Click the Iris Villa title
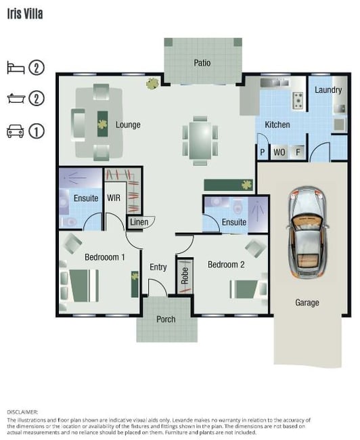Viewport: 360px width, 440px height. point(25,14)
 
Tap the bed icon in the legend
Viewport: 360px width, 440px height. point(16,68)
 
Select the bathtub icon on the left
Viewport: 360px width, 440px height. point(16,98)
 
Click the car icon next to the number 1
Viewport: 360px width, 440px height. point(15,131)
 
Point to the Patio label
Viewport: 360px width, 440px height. point(202,62)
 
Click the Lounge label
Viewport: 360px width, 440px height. point(128,125)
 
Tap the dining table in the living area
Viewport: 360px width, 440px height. point(200,140)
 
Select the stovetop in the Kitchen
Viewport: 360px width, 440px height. point(298,100)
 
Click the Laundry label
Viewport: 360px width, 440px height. point(328,90)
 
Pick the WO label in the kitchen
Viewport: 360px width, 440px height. point(279,152)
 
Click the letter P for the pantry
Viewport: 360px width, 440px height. point(263,152)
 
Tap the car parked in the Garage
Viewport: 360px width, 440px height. point(307,232)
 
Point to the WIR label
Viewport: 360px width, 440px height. point(114,198)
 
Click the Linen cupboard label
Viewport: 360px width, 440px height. point(139,222)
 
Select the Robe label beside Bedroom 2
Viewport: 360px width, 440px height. point(185,276)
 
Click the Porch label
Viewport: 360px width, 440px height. point(166,319)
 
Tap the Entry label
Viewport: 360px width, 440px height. point(158,267)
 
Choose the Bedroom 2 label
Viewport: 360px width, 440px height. point(226,264)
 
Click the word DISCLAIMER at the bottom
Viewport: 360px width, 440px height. point(22,412)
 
